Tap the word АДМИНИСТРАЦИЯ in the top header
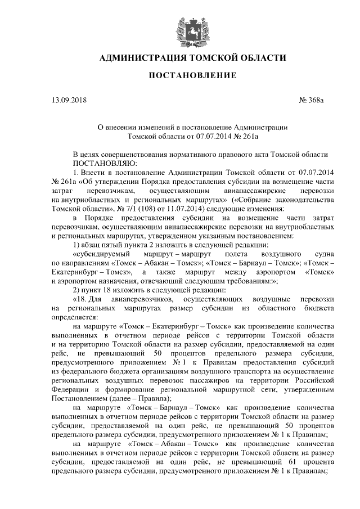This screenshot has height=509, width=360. [138, 57]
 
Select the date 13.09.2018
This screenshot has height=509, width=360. [68, 101]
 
